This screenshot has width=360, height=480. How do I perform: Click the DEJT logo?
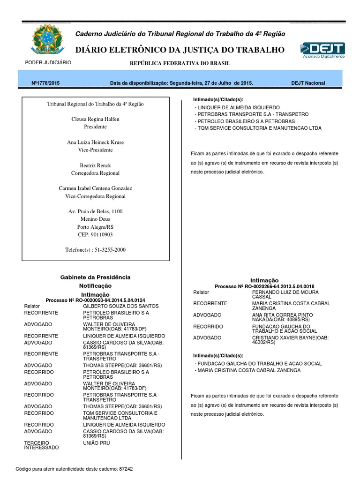(x=322, y=50)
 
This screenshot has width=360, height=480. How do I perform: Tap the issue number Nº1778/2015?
(x=45, y=83)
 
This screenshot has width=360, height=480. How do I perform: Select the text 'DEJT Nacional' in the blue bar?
(x=308, y=83)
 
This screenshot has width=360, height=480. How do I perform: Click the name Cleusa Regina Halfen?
(x=95, y=119)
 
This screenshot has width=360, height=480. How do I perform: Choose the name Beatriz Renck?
(x=95, y=165)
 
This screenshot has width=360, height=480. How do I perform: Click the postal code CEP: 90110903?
(x=95, y=234)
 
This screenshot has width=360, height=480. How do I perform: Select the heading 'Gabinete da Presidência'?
(x=96, y=277)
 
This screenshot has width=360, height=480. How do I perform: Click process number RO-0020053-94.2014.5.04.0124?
(x=105, y=300)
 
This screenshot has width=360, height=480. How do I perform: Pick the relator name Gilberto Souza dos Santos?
(x=121, y=306)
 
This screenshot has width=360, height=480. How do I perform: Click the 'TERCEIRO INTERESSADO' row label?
(x=41, y=445)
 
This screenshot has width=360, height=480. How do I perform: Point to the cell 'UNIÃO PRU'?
(x=96, y=442)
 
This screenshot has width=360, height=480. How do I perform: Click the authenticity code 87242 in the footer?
(x=127, y=469)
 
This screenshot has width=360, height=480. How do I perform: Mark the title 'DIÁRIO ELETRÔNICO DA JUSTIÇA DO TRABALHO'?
(x=180, y=50)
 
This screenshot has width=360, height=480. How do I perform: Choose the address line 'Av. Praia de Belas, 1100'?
(x=95, y=211)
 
